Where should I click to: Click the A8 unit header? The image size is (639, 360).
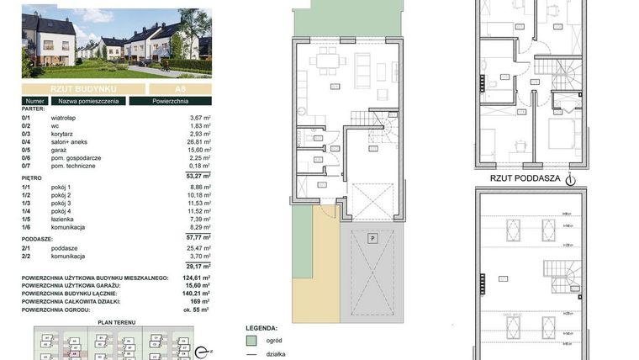(x=179, y=88)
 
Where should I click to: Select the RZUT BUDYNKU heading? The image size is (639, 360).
(x=82, y=88)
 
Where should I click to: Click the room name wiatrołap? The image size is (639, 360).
(x=65, y=118)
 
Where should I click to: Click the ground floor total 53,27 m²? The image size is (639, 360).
(x=196, y=176)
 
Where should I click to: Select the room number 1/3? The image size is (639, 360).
(x=28, y=202)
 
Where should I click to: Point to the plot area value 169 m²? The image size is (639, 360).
(x=200, y=300)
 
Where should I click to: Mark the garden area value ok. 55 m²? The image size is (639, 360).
(x=196, y=309)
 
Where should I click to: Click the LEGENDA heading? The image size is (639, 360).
(x=261, y=327)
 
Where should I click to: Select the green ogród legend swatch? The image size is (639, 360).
(x=250, y=341)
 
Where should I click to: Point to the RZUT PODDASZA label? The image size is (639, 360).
(x=523, y=178)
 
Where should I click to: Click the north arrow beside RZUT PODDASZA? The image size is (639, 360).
(x=570, y=178)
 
